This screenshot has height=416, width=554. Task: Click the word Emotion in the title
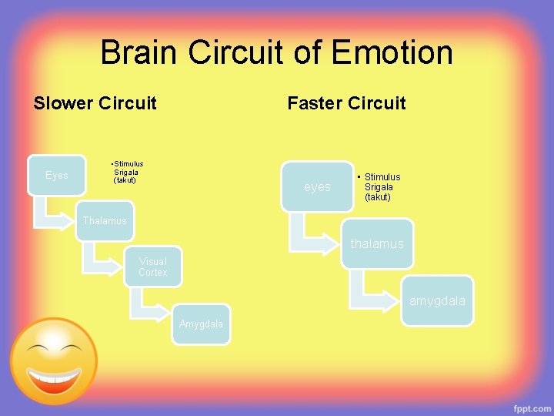pyautogui.click(x=392, y=53)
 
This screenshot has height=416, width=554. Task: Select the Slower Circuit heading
pyautogui.click(x=95, y=103)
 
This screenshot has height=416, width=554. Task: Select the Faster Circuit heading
pyautogui.click(x=346, y=103)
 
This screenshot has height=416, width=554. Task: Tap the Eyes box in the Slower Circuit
pyautogui.click(x=57, y=176)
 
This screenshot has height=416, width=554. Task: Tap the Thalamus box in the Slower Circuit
pyautogui.click(x=105, y=221)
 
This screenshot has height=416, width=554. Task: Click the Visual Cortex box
pyautogui.click(x=153, y=267)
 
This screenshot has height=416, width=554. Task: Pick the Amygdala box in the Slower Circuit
pyautogui.click(x=201, y=324)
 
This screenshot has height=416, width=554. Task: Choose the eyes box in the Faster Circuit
pyautogui.click(x=317, y=186)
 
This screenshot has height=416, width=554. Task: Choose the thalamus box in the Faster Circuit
pyautogui.click(x=377, y=243)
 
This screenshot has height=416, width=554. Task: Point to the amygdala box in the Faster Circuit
pyautogui.click(x=437, y=300)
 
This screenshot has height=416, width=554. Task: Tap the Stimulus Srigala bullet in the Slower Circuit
pyautogui.click(x=126, y=172)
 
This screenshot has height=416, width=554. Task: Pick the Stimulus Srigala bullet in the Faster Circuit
pyautogui.click(x=380, y=187)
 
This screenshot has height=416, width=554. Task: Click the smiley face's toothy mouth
pyautogui.click(x=52, y=378)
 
